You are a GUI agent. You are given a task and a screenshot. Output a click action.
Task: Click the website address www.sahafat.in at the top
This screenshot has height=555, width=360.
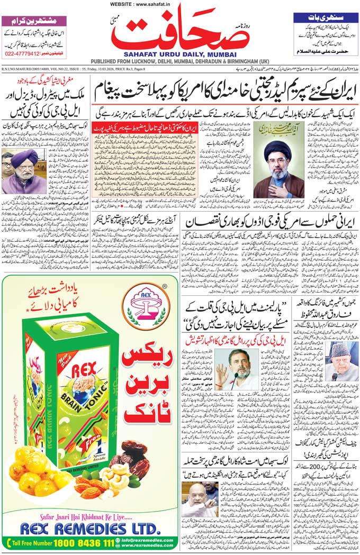[180, 4]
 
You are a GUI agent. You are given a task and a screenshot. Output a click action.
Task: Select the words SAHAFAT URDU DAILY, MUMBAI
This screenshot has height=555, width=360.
[181, 53]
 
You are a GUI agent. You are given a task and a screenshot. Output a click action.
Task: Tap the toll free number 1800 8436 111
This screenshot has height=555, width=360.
[86, 543]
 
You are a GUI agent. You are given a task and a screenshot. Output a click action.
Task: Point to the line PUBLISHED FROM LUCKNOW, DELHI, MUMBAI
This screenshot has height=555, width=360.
[181, 61]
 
